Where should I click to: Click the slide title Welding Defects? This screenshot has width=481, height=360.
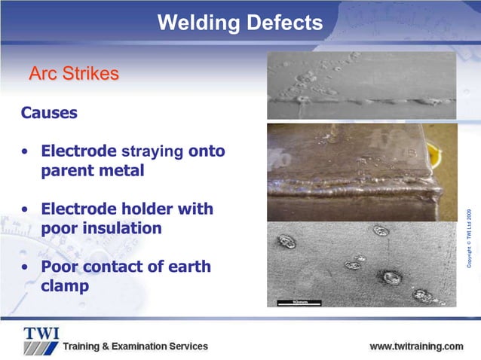click(x=240, y=23)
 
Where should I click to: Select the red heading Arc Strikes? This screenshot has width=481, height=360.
click(x=73, y=74)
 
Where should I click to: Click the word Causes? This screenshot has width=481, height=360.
click(x=48, y=113)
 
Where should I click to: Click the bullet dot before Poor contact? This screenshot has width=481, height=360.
click(x=26, y=267)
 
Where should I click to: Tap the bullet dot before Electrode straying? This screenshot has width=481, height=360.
click(x=26, y=152)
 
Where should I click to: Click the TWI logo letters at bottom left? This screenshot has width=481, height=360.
click(x=41, y=334)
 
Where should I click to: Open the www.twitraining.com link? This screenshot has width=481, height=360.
click(x=415, y=346)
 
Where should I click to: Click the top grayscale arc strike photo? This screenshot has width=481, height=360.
click(x=361, y=85)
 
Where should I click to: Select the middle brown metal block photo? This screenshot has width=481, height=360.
click(x=361, y=171)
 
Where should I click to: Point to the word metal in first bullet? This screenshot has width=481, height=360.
click(x=123, y=170)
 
